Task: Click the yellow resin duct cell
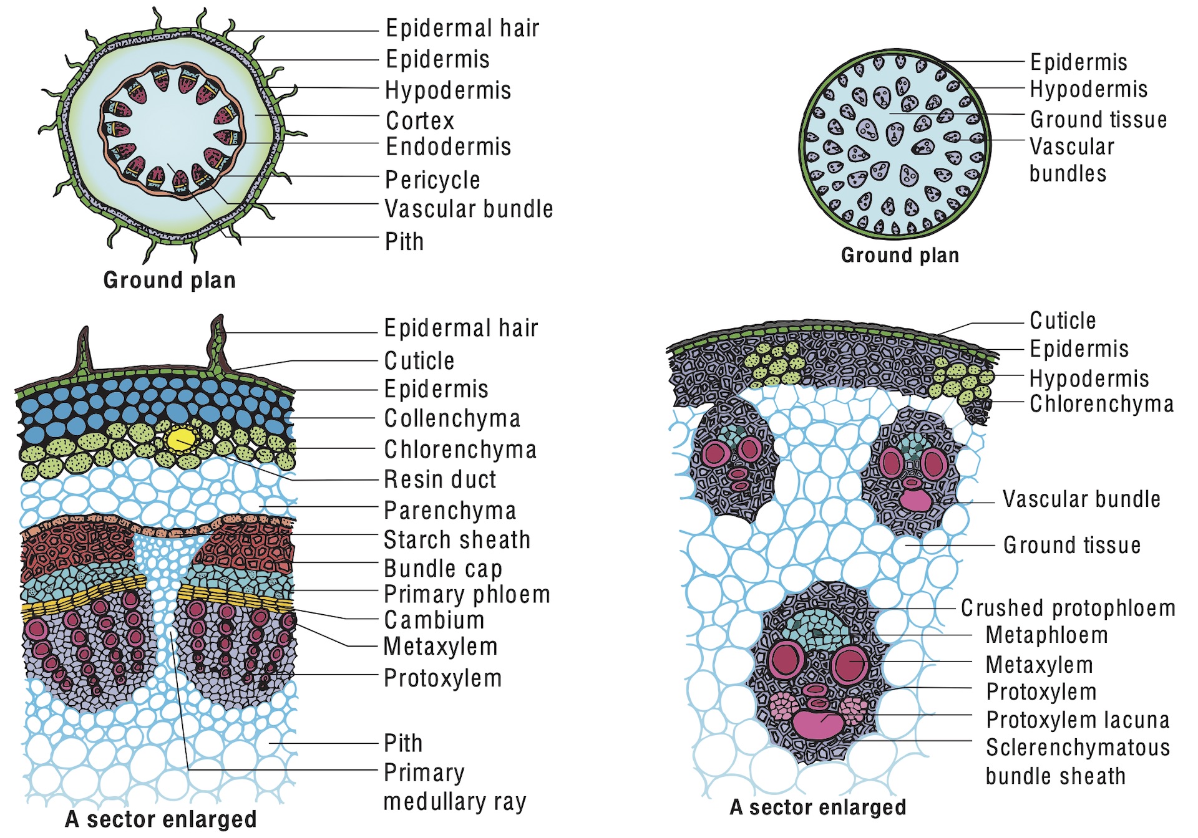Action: [x=182, y=438]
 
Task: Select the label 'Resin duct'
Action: [x=440, y=479]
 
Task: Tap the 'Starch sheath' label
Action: [x=457, y=540]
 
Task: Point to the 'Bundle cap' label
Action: [x=442, y=569]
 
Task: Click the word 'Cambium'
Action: [x=434, y=620]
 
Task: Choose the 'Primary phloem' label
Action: [x=467, y=595]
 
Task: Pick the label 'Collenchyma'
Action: [x=452, y=418]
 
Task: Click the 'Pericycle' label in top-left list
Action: [x=432, y=180]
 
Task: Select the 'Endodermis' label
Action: [x=448, y=147]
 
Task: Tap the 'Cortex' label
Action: [x=420, y=120]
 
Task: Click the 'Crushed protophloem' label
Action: [x=1068, y=608]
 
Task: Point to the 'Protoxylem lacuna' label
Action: [x=1078, y=720]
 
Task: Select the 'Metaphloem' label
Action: [x=1046, y=635]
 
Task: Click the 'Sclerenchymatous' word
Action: [x=1078, y=748]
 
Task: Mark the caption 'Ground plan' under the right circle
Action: [x=900, y=255]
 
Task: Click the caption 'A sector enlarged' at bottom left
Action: [x=161, y=819]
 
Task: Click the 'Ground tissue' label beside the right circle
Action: [x=1098, y=119]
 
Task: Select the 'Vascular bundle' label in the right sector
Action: [x=1081, y=499]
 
